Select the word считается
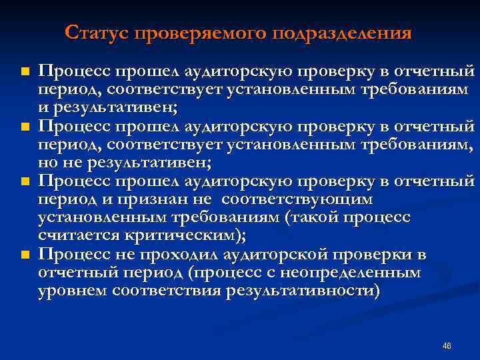coord(79,235)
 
